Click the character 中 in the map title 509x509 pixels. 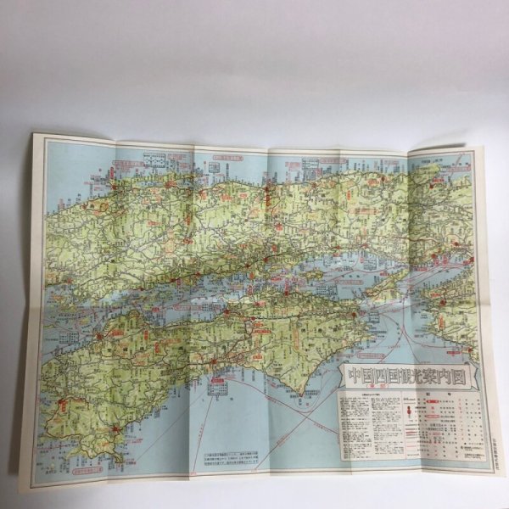coord(350,374)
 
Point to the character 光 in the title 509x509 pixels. coord(413,374)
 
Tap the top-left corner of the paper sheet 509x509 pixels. coord(35,133)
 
